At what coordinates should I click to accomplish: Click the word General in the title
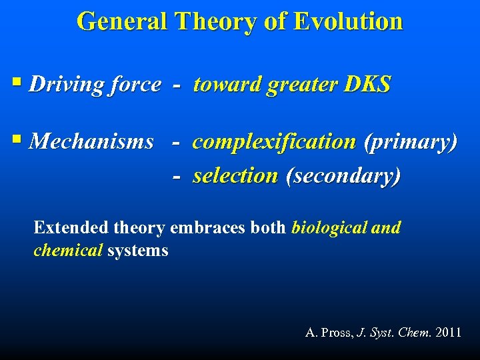(122, 21)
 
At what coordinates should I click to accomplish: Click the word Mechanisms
(92, 142)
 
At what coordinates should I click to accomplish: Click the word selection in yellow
(235, 176)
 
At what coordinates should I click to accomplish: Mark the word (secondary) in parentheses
(343, 176)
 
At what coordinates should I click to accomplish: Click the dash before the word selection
(176, 177)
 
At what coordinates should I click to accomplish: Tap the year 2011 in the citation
(447, 332)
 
